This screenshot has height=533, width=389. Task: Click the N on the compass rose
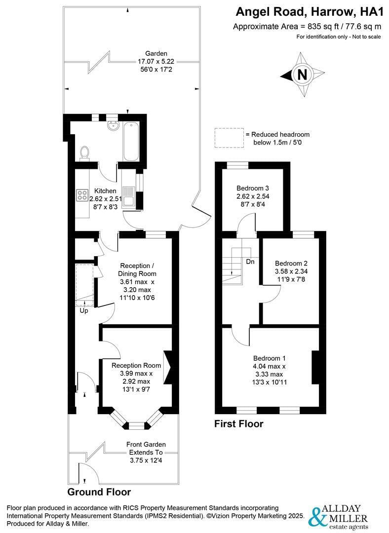click(x=302, y=75)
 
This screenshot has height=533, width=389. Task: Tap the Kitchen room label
click(x=105, y=191)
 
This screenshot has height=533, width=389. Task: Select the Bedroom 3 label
click(x=252, y=188)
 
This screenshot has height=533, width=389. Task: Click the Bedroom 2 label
click(x=291, y=263)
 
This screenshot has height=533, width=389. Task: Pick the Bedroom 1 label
click(x=269, y=358)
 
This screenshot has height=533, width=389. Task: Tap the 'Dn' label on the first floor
click(x=250, y=262)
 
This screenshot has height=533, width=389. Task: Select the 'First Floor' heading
click(x=238, y=423)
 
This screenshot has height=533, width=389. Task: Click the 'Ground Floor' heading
click(x=99, y=492)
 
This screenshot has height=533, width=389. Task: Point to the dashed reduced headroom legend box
click(x=228, y=138)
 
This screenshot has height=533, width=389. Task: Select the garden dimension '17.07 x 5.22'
click(x=156, y=62)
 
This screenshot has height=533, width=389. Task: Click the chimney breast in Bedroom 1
click(x=315, y=367)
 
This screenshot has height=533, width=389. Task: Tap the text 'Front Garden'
click(x=146, y=444)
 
